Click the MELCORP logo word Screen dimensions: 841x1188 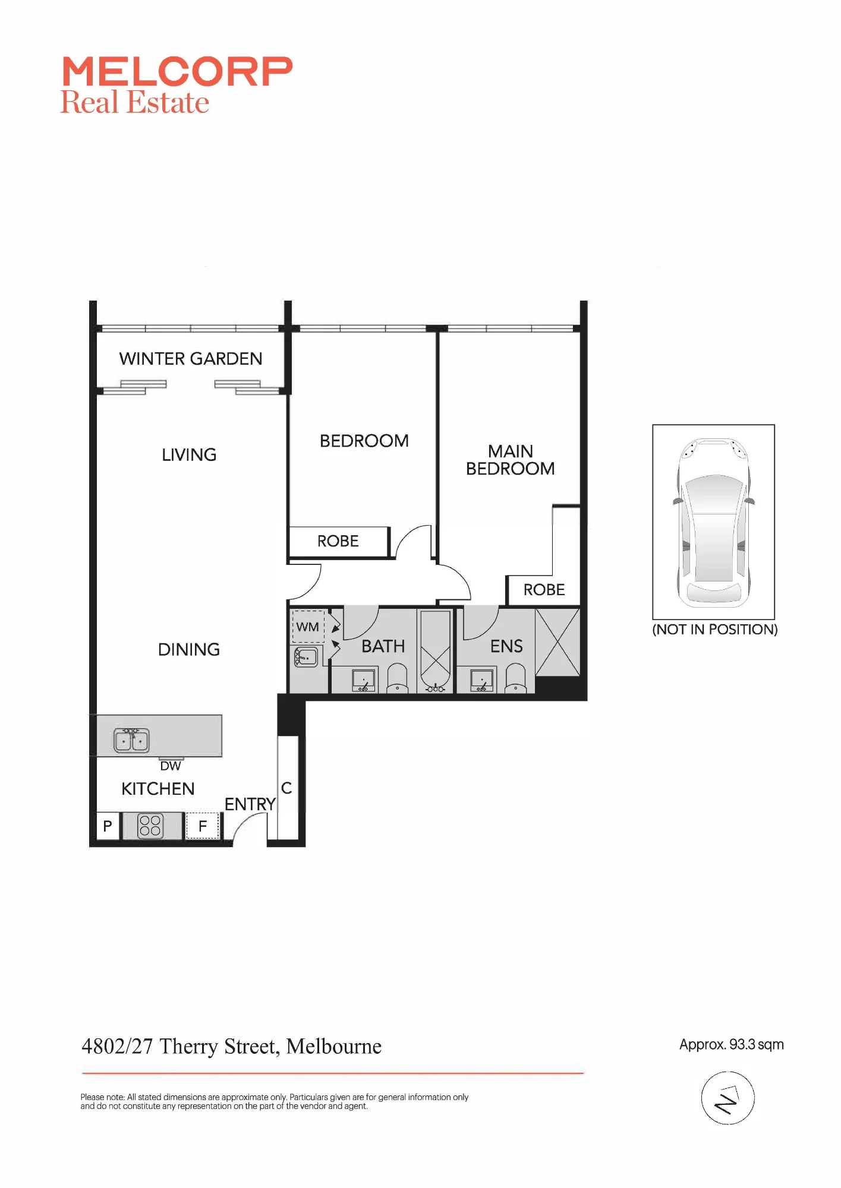[x=177, y=72]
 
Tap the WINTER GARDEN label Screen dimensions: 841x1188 [x=191, y=359]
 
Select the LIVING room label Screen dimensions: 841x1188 [x=189, y=455]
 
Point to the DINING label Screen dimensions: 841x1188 [x=189, y=650]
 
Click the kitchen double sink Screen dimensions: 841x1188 [x=131, y=740]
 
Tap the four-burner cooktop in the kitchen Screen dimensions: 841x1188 [x=150, y=826]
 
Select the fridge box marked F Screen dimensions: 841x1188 [x=203, y=826]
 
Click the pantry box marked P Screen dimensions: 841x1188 [x=108, y=826]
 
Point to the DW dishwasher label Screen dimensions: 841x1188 [x=171, y=766]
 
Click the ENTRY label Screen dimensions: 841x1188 [x=250, y=804]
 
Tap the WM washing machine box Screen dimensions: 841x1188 [x=308, y=627]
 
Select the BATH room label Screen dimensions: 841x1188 [x=383, y=646]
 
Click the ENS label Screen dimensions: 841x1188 [x=506, y=646]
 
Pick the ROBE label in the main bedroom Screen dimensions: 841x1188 [x=544, y=590]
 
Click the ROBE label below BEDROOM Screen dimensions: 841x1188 [x=338, y=541]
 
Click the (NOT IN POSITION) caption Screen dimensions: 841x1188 [x=715, y=630]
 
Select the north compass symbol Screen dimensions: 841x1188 [x=727, y=1098]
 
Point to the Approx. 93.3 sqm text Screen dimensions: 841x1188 [x=732, y=1045]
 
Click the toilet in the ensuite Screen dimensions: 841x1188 [x=516, y=678]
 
